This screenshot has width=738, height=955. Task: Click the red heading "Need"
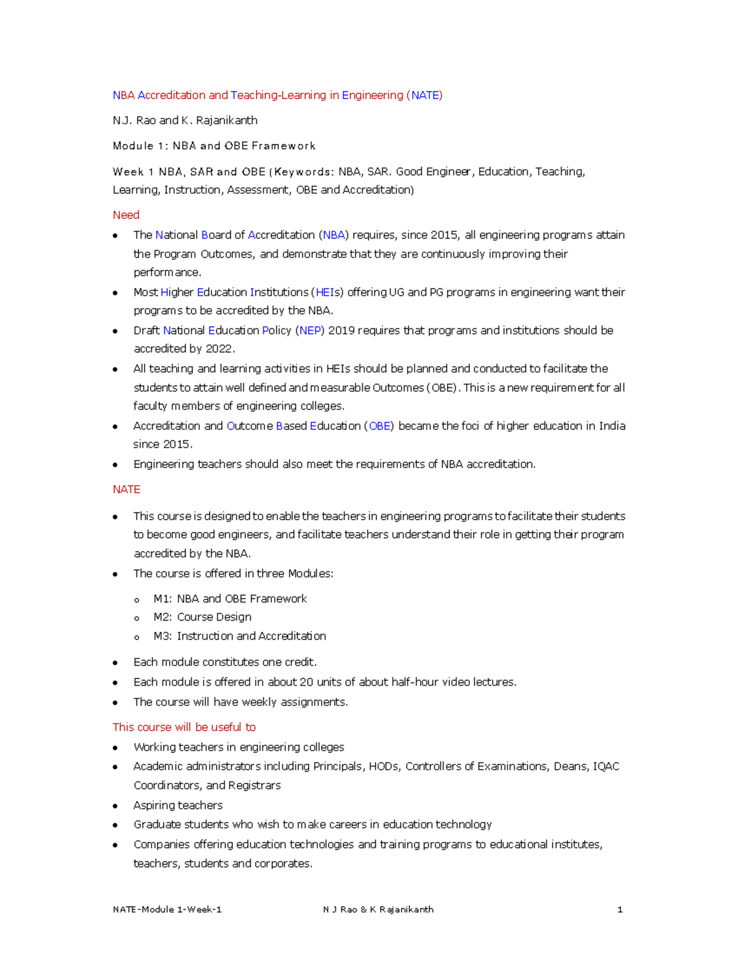[126, 215]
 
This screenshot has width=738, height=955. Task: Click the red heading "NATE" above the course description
[126, 489]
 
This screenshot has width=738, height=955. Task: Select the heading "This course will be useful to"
[184, 727]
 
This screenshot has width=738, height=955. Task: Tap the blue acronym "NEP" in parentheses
[309, 330]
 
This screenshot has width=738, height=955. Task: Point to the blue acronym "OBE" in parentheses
[379, 426]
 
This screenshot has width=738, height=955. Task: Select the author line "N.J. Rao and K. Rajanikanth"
[185, 120]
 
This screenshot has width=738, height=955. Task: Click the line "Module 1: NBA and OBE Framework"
[214, 146]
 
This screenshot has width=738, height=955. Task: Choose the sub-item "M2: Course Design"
[202, 617]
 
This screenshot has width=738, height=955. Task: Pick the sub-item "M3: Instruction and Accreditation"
[240, 636]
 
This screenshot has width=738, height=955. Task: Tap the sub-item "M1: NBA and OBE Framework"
[230, 598]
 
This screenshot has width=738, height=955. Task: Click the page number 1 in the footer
[620, 909]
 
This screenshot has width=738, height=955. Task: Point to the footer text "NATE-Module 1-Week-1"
[167, 909]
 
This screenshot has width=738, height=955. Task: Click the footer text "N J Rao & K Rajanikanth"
[378, 909]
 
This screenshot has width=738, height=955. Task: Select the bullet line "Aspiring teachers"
[178, 805]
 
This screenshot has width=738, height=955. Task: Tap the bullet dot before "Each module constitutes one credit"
[115, 663]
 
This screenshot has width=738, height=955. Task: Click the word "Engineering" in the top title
[373, 95]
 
